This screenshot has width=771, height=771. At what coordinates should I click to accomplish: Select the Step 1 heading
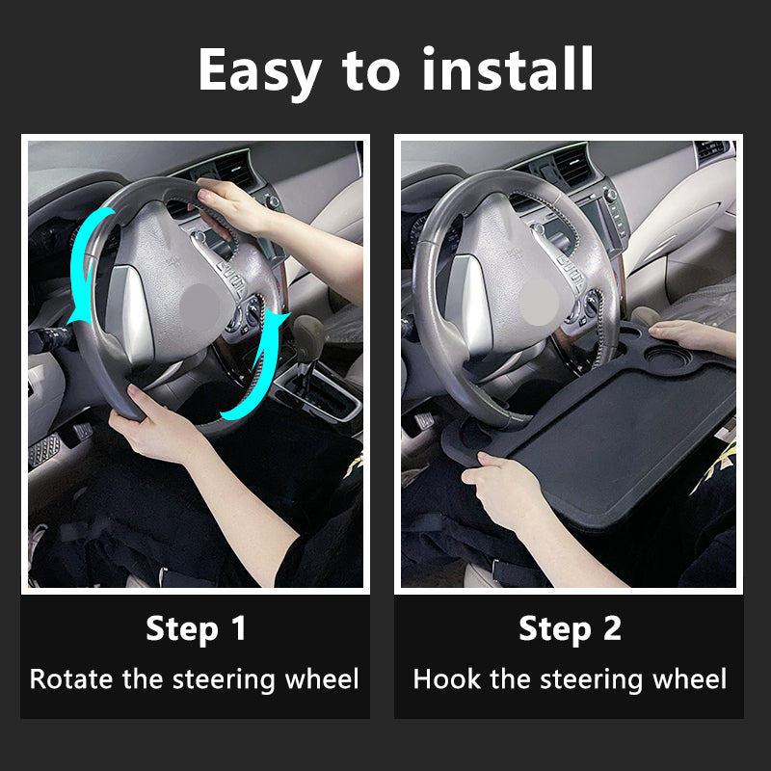pyautogui.click(x=196, y=629)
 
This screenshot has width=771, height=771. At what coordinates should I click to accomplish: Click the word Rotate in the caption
pyautogui.click(x=72, y=678)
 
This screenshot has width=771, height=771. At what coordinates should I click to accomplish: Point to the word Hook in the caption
pyautogui.click(x=448, y=678)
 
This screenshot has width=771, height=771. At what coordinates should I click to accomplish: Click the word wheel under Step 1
pyautogui.click(x=322, y=678)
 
